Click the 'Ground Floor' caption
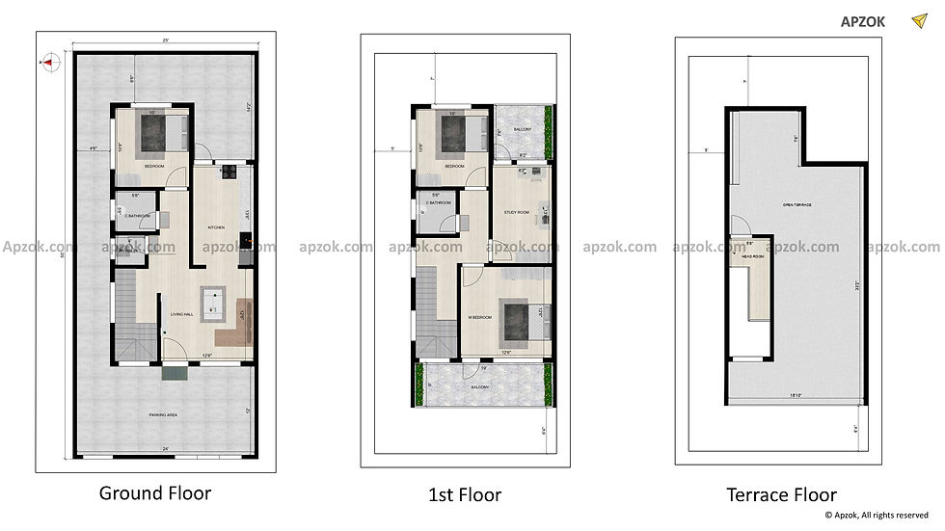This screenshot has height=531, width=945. point(154,493)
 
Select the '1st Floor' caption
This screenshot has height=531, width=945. point(465,495)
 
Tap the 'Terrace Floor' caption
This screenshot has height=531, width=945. point(781,495)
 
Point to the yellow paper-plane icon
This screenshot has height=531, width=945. point(918,20)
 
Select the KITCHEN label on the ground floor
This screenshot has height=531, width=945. point(217,227)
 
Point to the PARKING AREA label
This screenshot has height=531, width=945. point(162,414)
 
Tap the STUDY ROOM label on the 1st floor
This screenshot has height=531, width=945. point(517,212)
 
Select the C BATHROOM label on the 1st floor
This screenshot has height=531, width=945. point(439,202)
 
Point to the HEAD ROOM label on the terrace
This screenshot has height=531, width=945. point(753,257)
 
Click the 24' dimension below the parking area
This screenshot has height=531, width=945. point(166,449)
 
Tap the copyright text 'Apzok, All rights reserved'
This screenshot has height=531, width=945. point(876,517)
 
